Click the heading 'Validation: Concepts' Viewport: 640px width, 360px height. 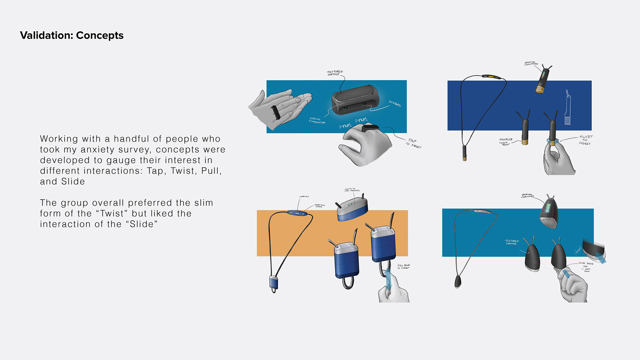click(x=72, y=35)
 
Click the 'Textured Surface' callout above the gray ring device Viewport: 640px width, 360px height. click(x=335, y=73)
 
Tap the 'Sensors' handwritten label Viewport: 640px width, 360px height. click(x=395, y=104)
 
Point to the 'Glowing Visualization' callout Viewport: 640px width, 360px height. click(x=317, y=121)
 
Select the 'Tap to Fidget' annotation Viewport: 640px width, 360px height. click(x=413, y=144)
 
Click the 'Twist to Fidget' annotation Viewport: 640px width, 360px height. click(x=585, y=140)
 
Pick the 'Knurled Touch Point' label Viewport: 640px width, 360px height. click(x=505, y=142)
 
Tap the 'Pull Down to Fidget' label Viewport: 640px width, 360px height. click(x=403, y=267)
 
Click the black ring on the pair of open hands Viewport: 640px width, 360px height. click(x=275, y=112)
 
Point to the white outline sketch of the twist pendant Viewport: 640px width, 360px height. click(x=568, y=108)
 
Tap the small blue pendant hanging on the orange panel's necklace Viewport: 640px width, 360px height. click(x=274, y=282)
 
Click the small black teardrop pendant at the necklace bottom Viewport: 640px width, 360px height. click(x=458, y=282)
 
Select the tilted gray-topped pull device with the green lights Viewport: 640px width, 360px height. click(x=352, y=209)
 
